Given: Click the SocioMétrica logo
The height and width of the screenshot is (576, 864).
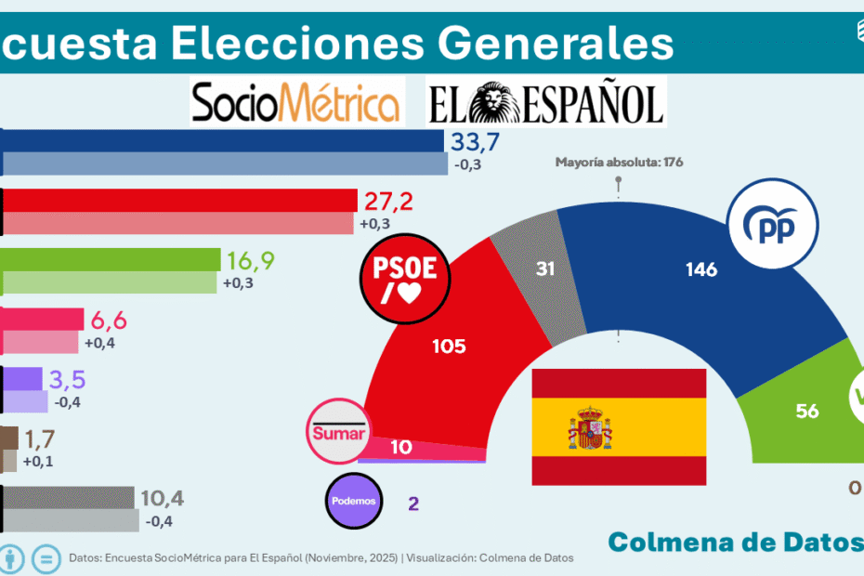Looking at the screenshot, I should pos(296,102).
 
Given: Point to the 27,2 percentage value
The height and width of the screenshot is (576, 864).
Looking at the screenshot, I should pos(388,202).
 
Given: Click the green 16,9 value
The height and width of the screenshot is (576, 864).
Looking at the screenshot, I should pos(249,260).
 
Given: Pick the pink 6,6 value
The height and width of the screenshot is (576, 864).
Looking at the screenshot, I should pos(110,321).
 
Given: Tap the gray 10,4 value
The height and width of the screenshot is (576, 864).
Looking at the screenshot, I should pos(162,498).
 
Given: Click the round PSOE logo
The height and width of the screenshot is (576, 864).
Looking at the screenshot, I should pos(405,276).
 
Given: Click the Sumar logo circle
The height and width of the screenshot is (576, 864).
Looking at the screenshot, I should pos(338,432).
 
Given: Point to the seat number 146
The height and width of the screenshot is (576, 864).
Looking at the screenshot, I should pos(700,269).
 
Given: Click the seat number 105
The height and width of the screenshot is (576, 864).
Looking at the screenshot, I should pos(449,347).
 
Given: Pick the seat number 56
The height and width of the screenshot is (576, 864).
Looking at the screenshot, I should pos(807,410).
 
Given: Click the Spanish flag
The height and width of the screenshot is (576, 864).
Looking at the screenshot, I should pos(619,426).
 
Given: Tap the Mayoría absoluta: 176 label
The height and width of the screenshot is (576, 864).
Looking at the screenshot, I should pos(619,163).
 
